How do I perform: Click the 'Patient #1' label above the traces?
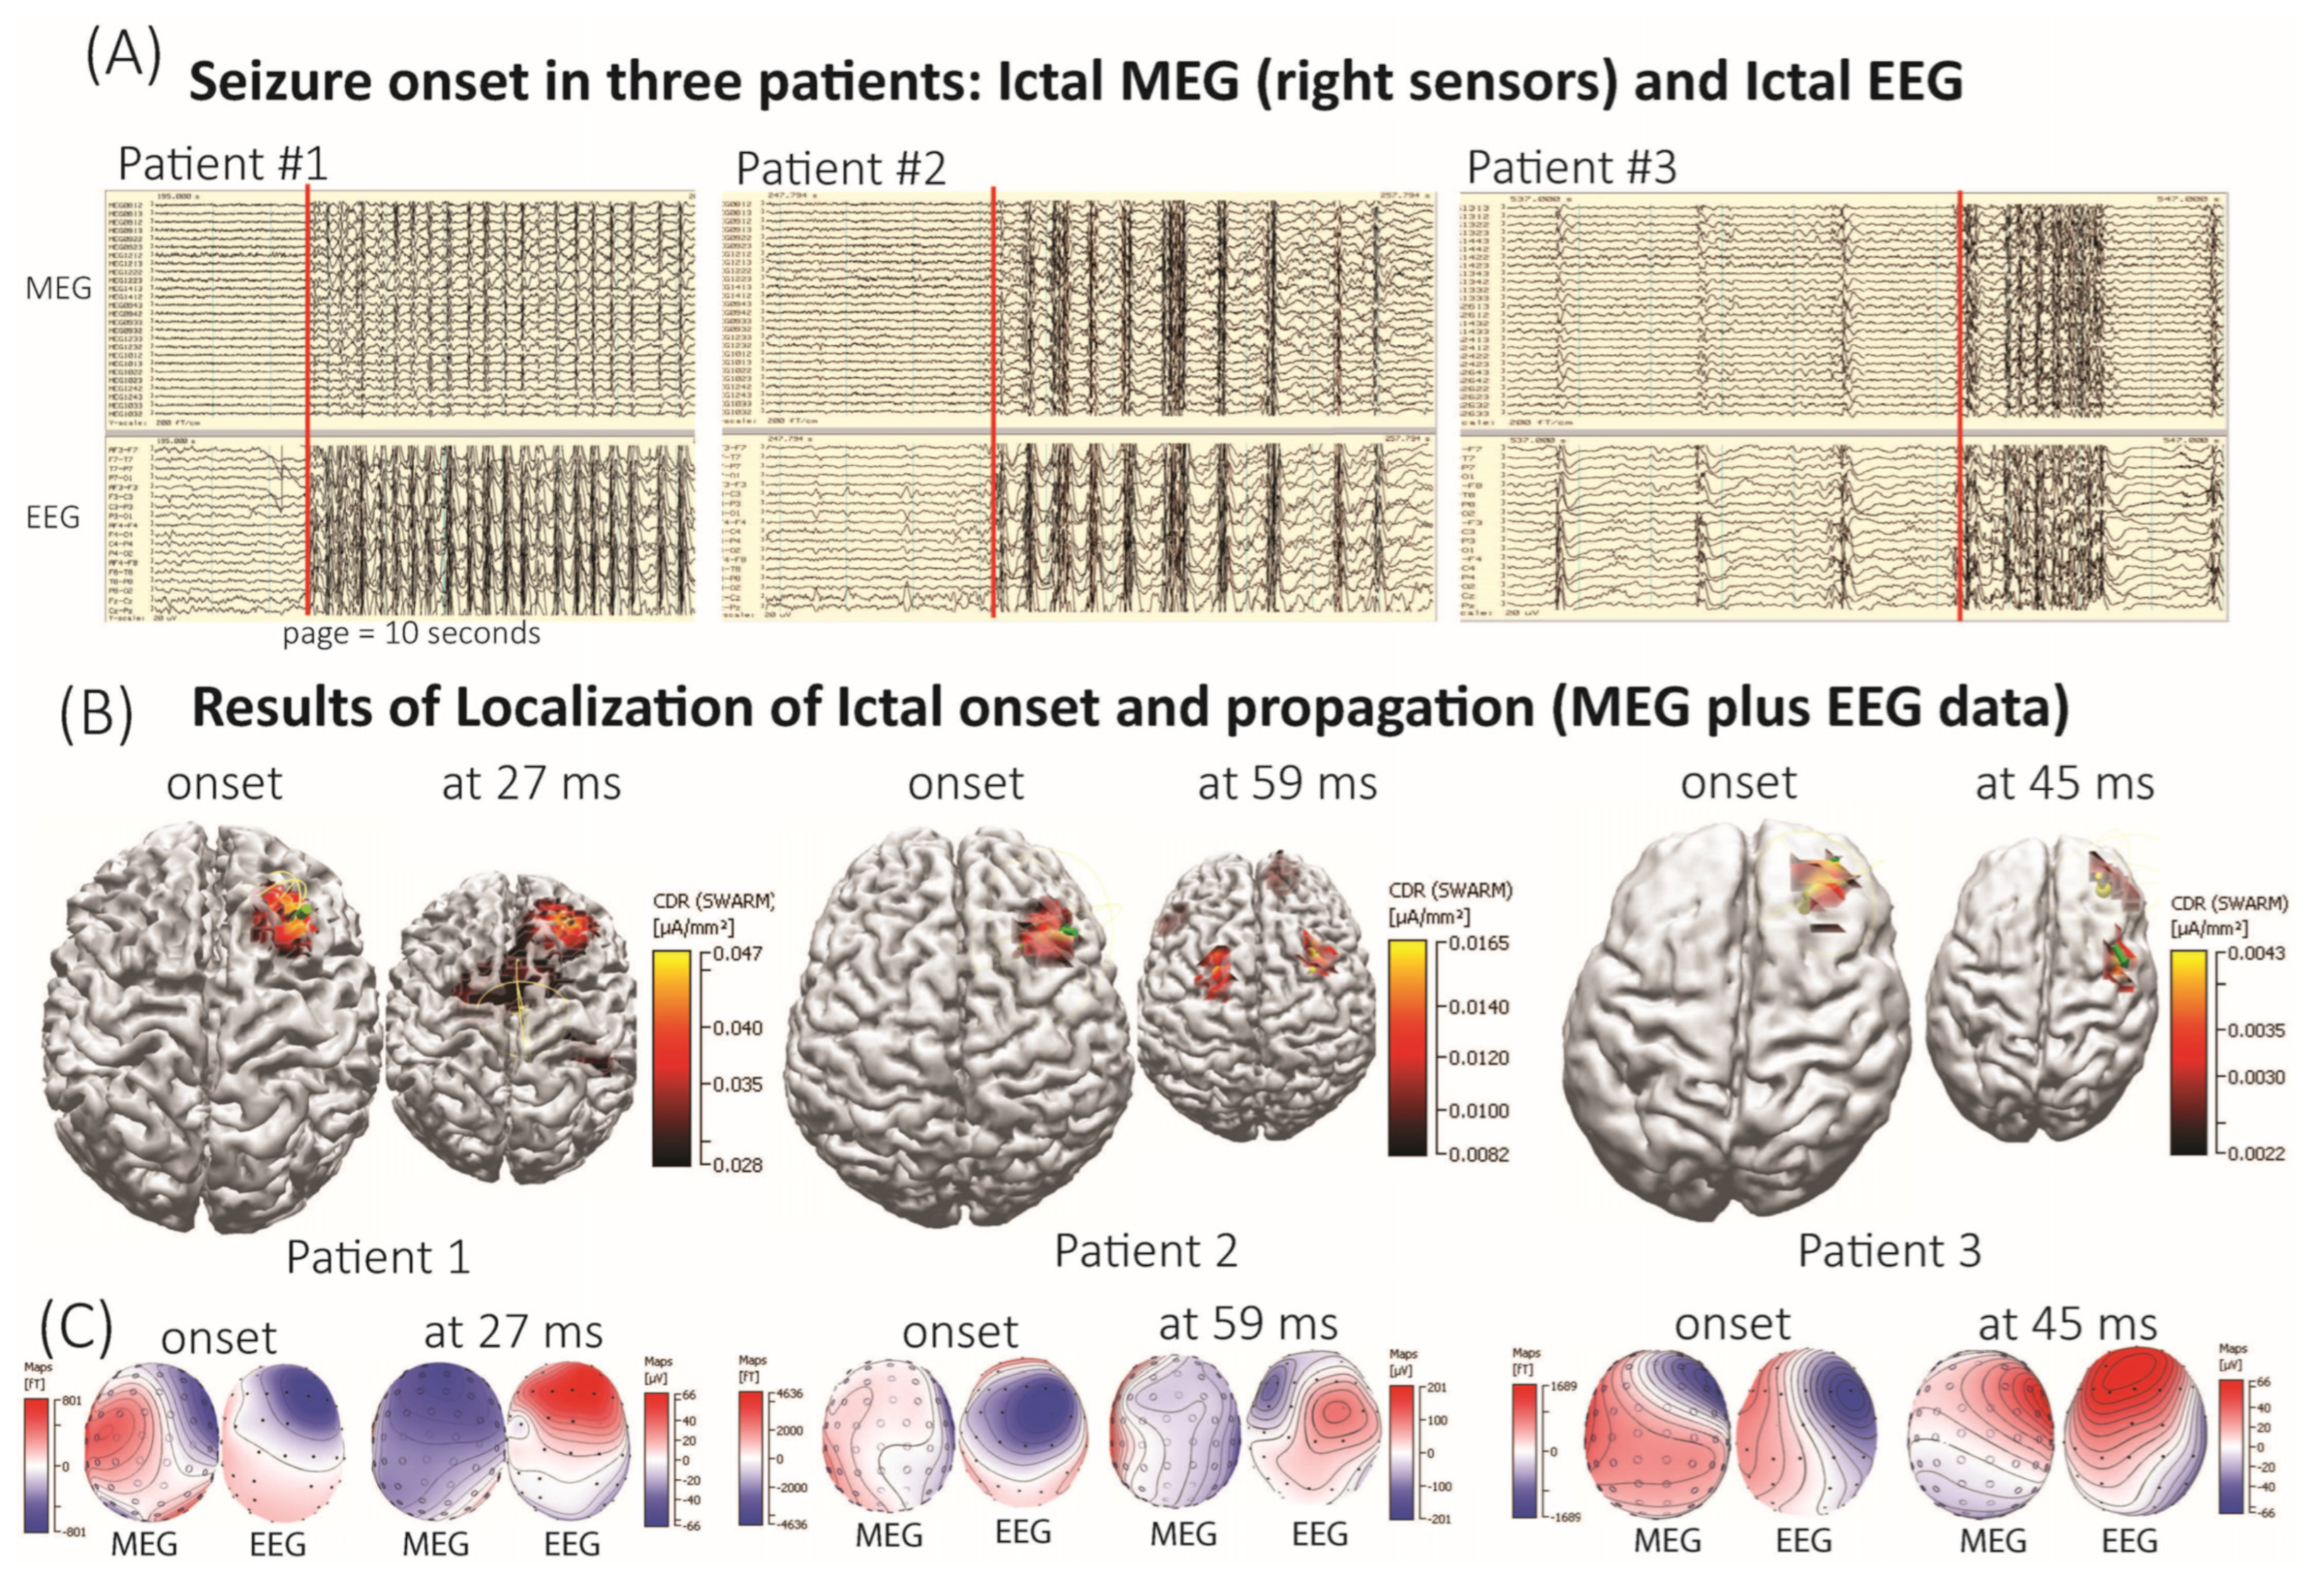click(x=223, y=164)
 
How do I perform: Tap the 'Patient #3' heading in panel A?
click(x=1572, y=167)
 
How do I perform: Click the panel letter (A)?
click(x=123, y=57)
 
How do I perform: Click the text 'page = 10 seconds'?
click(x=411, y=634)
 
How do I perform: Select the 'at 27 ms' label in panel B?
click(x=531, y=784)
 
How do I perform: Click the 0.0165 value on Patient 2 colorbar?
click(x=1478, y=943)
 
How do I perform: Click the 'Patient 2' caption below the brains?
click(x=1146, y=1251)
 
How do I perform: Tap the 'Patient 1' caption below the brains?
click(x=378, y=1257)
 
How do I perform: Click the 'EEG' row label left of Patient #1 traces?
click(x=52, y=518)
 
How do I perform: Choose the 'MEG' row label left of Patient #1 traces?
click(x=59, y=288)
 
